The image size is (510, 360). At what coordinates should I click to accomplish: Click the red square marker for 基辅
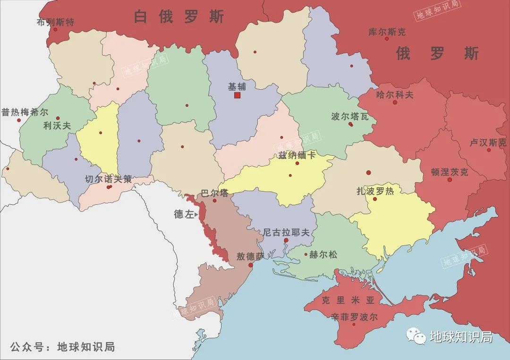(237, 95)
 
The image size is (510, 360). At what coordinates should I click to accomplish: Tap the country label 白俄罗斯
(179, 17)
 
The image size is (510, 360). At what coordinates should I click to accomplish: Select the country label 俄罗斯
(437, 53)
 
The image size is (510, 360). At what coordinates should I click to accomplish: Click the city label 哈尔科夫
(394, 94)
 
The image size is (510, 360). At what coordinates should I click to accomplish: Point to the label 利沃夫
(57, 126)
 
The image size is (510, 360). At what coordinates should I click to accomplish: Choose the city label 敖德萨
(250, 257)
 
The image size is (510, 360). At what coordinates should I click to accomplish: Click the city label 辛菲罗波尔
(354, 317)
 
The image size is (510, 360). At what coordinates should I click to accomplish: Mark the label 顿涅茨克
(450, 172)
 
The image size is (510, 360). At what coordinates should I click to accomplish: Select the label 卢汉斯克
(488, 142)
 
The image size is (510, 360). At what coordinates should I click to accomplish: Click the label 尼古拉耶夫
(286, 232)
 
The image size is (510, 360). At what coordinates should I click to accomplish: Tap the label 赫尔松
(323, 255)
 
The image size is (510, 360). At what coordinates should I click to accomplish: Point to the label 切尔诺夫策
(108, 179)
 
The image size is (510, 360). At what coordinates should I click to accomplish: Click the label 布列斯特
(55, 22)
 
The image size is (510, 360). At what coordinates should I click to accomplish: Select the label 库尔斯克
(387, 32)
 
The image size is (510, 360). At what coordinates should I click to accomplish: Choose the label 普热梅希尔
(25, 112)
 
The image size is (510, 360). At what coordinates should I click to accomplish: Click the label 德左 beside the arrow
(184, 214)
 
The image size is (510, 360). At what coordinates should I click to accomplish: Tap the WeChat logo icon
(416, 336)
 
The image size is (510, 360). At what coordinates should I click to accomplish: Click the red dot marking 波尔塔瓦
(350, 124)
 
